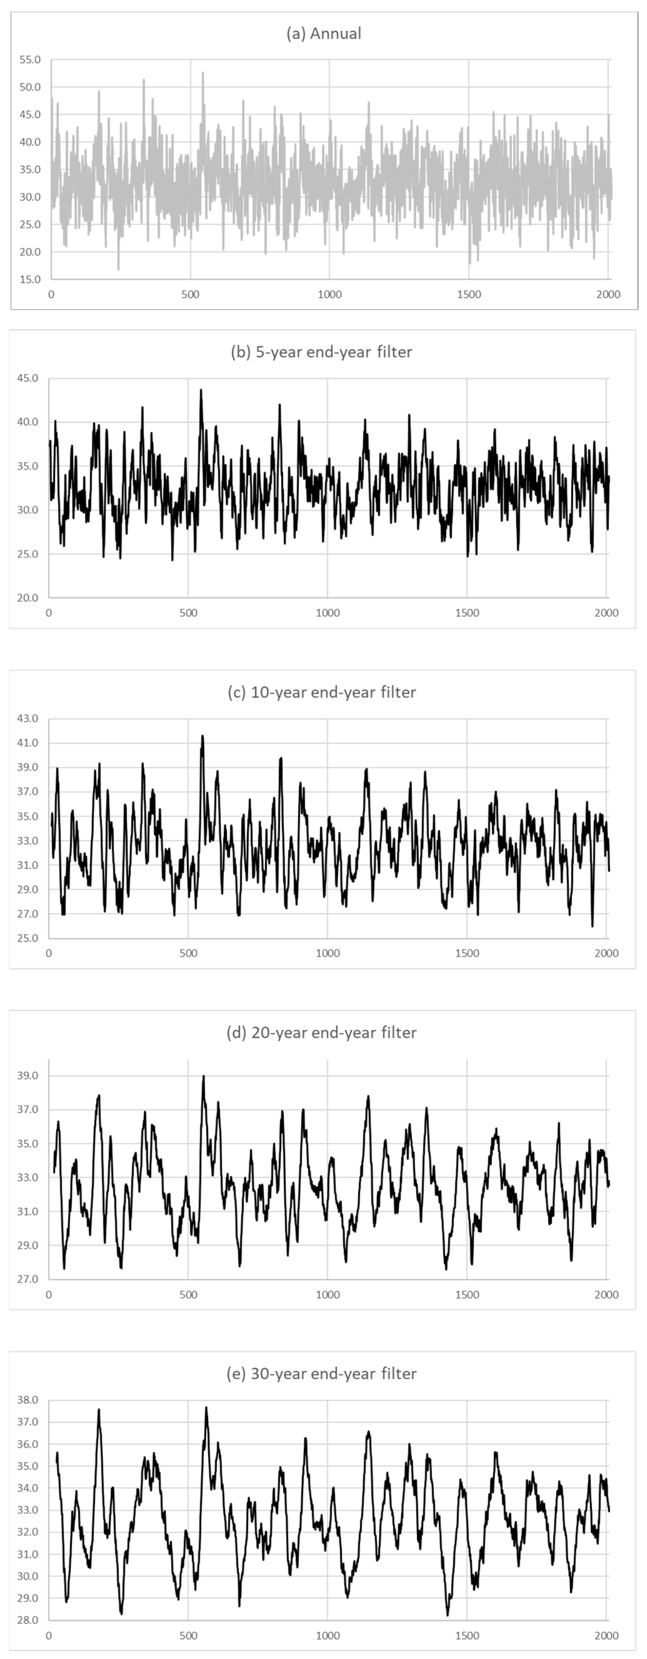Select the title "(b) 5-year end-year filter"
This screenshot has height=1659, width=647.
(x=321, y=352)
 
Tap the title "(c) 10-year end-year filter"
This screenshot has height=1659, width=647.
(x=321, y=692)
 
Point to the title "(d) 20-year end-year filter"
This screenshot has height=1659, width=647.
(x=321, y=1032)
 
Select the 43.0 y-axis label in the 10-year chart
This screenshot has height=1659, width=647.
(x=28, y=718)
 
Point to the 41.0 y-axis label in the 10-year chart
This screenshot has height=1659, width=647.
(x=28, y=743)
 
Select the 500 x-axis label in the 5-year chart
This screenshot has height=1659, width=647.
(x=188, y=613)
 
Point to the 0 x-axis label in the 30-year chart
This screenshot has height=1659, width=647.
(x=49, y=1635)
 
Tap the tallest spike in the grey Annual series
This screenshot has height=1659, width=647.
(x=203, y=72)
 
